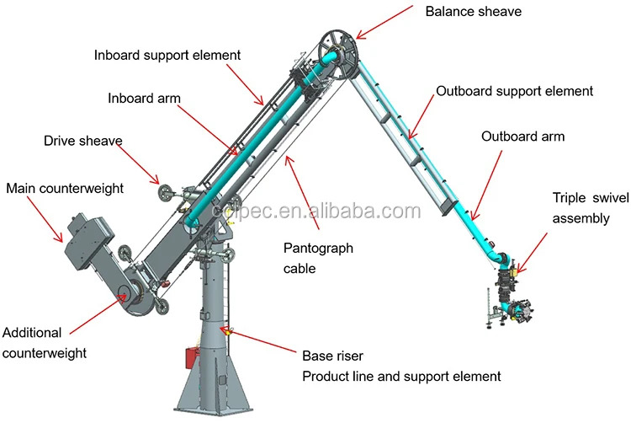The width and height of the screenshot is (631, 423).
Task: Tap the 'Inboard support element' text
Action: (x=167, y=55)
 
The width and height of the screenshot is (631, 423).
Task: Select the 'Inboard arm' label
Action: (x=144, y=98)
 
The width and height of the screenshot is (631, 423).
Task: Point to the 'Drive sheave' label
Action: (x=83, y=140)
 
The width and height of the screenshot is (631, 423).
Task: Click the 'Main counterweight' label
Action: (x=64, y=188)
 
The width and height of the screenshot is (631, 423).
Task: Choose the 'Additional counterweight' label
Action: (x=44, y=341)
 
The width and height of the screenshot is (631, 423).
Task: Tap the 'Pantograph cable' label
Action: (x=318, y=258)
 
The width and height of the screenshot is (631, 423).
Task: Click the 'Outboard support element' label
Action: (x=514, y=90)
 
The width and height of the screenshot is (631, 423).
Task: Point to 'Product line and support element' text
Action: (x=400, y=376)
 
